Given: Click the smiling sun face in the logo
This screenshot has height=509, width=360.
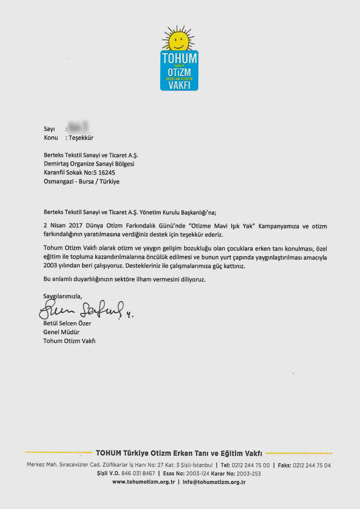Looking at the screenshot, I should [178, 41].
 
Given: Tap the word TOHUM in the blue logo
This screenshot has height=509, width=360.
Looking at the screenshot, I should [179, 58].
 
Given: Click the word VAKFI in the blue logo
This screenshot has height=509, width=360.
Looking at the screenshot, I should [179, 84].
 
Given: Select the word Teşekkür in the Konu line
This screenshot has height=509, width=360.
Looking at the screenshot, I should [81, 138].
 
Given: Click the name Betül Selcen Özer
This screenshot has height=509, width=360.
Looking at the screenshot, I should [67, 324].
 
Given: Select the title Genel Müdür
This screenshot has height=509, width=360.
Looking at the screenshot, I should [61, 332].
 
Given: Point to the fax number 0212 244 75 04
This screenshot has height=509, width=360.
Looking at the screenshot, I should [312, 465].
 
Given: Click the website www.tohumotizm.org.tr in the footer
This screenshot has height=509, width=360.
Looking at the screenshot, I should [144, 482].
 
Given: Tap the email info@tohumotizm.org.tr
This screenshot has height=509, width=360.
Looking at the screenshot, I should [214, 482].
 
